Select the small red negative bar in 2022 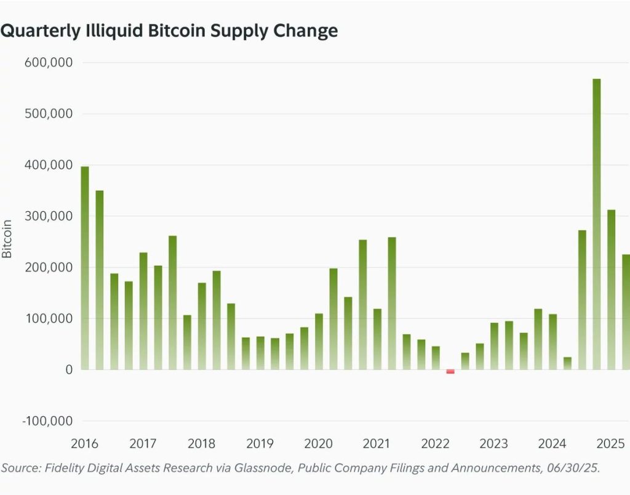450,372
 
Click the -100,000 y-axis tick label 47,421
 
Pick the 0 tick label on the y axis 68,370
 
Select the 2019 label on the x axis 260,443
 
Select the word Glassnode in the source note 249,468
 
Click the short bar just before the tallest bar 567,363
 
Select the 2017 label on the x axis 143,443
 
